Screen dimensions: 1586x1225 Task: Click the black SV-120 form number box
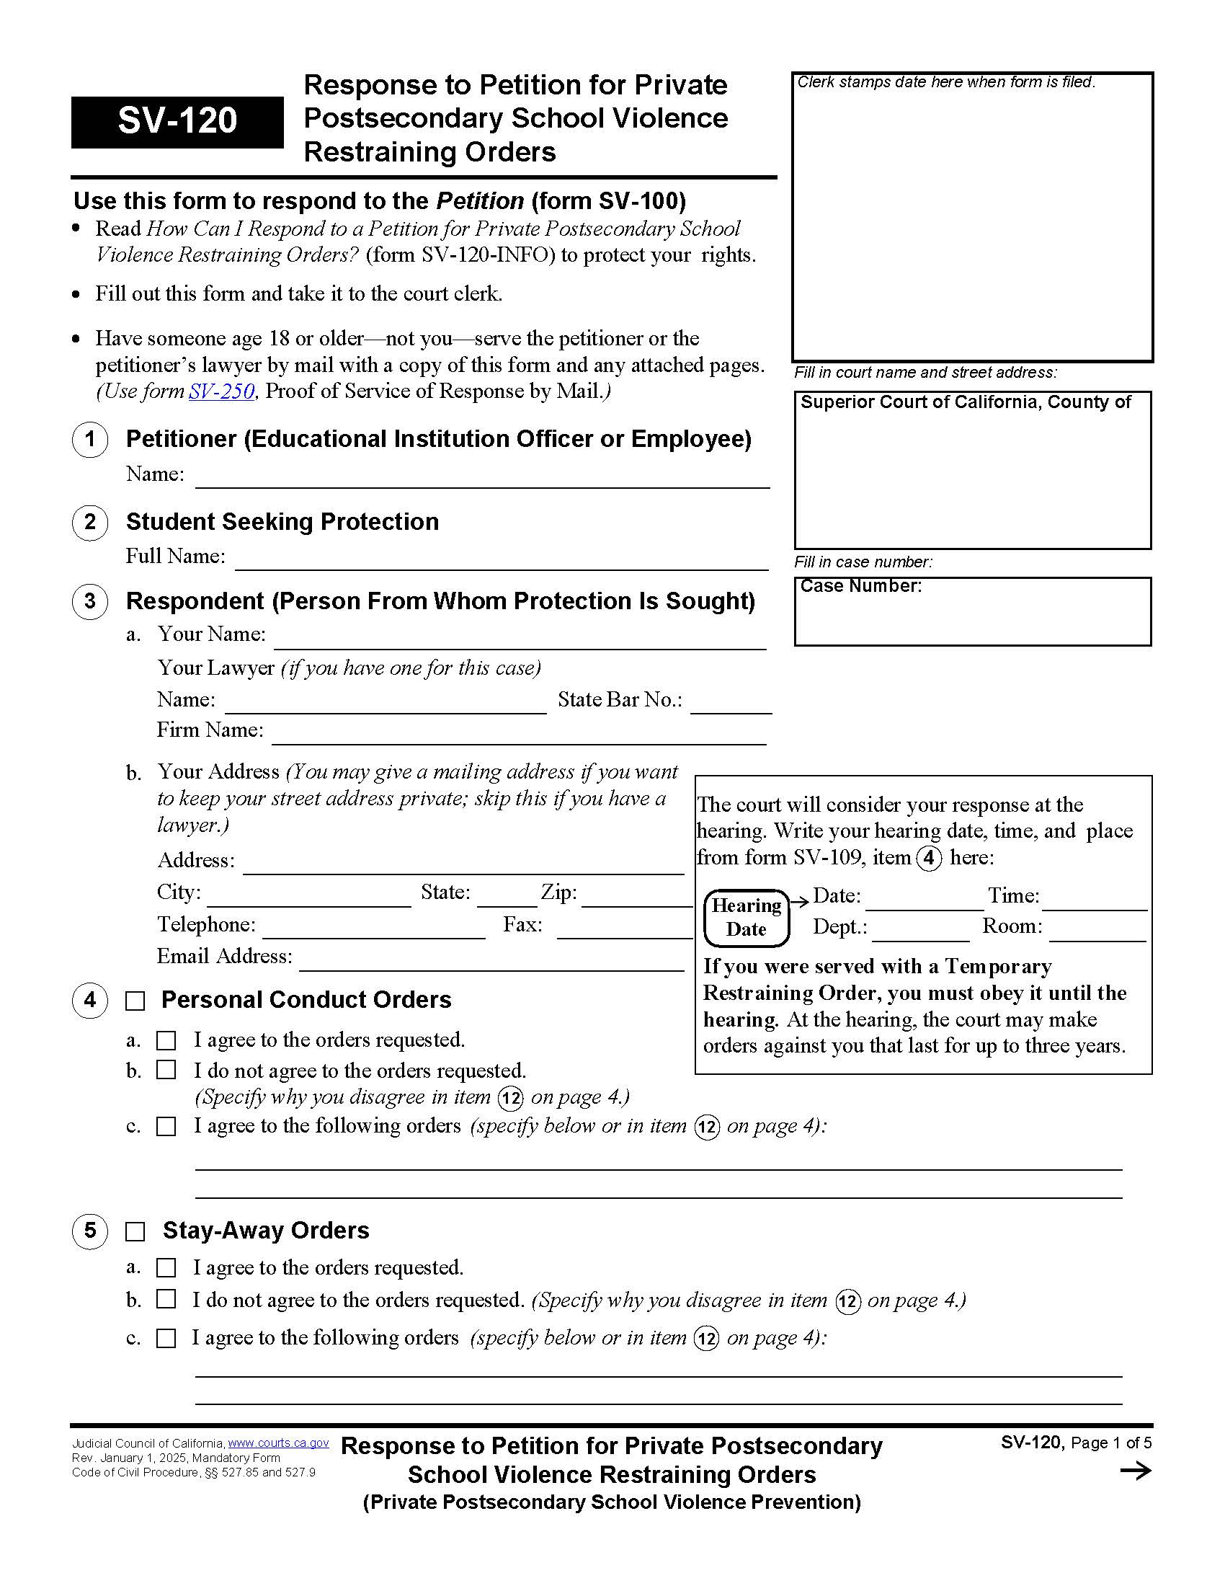[x=177, y=121]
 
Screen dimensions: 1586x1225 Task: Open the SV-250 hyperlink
[x=221, y=391]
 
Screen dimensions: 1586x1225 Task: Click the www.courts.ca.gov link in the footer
[x=278, y=1443]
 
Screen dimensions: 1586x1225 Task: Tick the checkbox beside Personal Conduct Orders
[x=135, y=1001]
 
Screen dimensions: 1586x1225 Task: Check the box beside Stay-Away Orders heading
[x=135, y=1231]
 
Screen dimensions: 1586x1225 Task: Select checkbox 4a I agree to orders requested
[x=166, y=1040]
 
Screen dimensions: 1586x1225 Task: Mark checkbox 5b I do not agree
[x=166, y=1299]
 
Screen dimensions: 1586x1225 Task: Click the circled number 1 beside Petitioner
[x=90, y=439]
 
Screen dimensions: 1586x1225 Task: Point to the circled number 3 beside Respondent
[x=90, y=601]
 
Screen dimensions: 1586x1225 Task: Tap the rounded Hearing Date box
[x=746, y=918]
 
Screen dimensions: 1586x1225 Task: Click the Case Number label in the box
[x=860, y=586]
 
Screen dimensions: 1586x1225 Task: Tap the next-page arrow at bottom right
[x=1135, y=1471]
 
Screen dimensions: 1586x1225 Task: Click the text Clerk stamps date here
[x=945, y=82]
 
